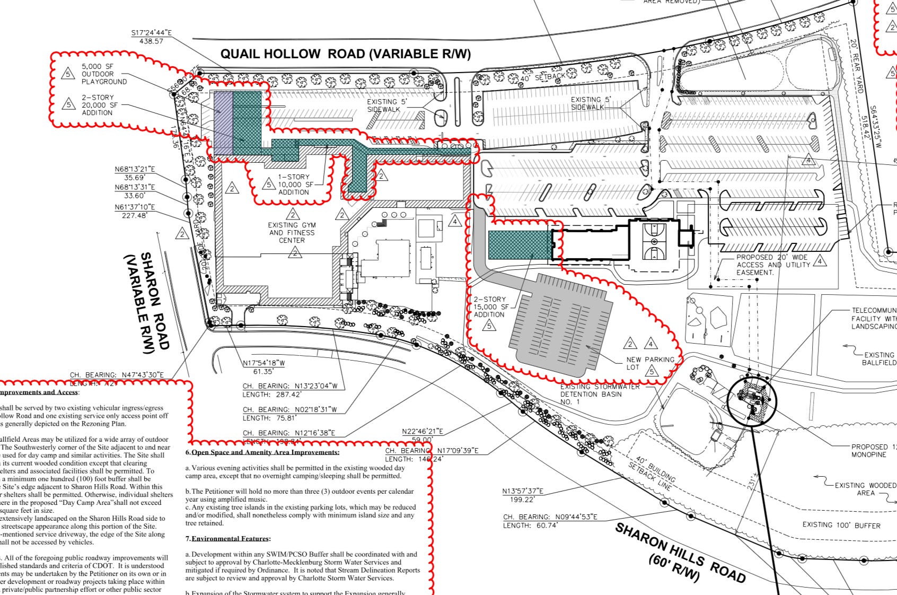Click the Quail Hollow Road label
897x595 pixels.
pos(345,54)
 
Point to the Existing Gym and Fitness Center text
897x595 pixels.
pos(292,233)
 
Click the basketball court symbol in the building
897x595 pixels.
pos(654,241)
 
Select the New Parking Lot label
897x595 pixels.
pos(650,363)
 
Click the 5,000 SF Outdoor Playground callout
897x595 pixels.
pos(104,74)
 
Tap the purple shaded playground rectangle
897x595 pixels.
pos(223,123)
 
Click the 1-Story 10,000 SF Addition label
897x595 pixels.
pos(294,185)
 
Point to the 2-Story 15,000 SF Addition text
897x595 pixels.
pos(489,307)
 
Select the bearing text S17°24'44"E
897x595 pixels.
pos(152,33)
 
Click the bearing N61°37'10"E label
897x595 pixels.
pos(135,207)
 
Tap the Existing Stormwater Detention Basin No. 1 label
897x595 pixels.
pos(600,395)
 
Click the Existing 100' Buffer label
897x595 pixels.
pos(841,526)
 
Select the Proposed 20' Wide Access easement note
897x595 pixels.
pos(773,265)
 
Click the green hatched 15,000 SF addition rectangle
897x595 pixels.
pos(519,245)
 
